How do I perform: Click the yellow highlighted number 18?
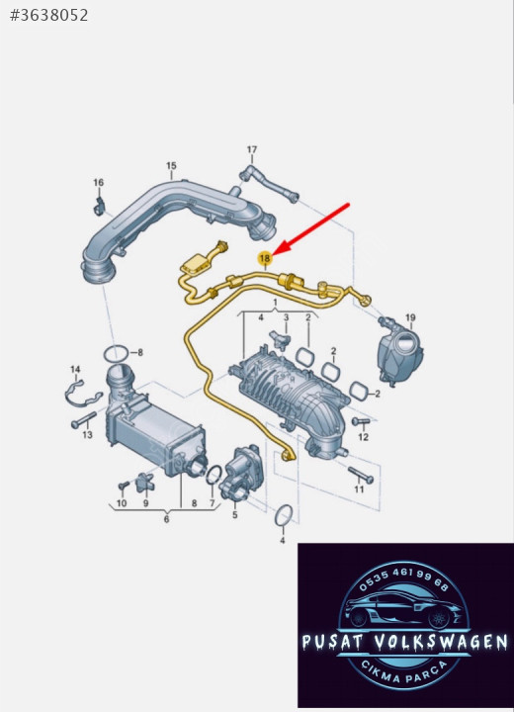(x=264, y=258)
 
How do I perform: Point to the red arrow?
(x=312, y=228)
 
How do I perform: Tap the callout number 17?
(x=252, y=149)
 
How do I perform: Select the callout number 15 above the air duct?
(x=171, y=166)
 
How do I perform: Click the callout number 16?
(x=99, y=183)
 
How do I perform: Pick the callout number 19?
(x=410, y=317)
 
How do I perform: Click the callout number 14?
(x=75, y=370)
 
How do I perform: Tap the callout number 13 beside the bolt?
(x=87, y=435)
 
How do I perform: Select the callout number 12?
(x=363, y=437)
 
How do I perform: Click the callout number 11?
(x=359, y=489)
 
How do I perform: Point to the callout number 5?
(x=234, y=515)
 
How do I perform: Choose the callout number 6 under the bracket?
(x=167, y=519)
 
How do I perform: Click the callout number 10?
(x=122, y=503)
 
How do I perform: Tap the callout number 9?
(x=145, y=503)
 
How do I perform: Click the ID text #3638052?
(x=49, y=16)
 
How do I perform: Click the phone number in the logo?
(x=403, y=578)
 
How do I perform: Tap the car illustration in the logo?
(x=403, y=607)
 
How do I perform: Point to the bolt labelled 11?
(x=361, y=475)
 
